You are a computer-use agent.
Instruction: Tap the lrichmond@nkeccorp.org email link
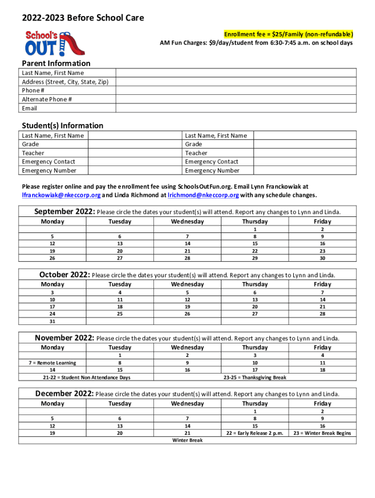click(x=203, y=196)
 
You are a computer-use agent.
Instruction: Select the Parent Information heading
click(x=56, y=63)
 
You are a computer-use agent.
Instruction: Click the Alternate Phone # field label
click(x=47, y=99)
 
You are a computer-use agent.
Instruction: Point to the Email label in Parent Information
click(x=29, y=108)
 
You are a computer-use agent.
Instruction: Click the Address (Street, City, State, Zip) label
click(x=65, y=82)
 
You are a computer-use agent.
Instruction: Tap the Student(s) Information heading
click(x=62, y=125)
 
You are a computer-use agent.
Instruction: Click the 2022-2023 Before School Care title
click(x=82, y=18)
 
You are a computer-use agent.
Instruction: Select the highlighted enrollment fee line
click(x=288, y=34)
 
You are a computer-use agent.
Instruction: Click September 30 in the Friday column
click(x=322, y=258)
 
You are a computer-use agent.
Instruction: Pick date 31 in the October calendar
click(x=52, y=321)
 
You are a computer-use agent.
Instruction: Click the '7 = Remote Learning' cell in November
click(x=52, y=362)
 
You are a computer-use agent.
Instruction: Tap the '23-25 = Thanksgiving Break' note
click(x=255, y=377)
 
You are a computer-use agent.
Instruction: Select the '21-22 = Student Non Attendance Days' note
click(x=86, y=377)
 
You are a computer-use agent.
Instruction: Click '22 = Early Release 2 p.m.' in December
click(x=255, y=433)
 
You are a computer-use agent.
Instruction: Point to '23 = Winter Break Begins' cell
click(x=322, y=433)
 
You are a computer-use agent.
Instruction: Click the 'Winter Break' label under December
click(x=187, y=440)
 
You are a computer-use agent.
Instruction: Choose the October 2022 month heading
click(x=65, y=274)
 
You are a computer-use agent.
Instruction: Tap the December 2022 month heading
click(x=63, y=393)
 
